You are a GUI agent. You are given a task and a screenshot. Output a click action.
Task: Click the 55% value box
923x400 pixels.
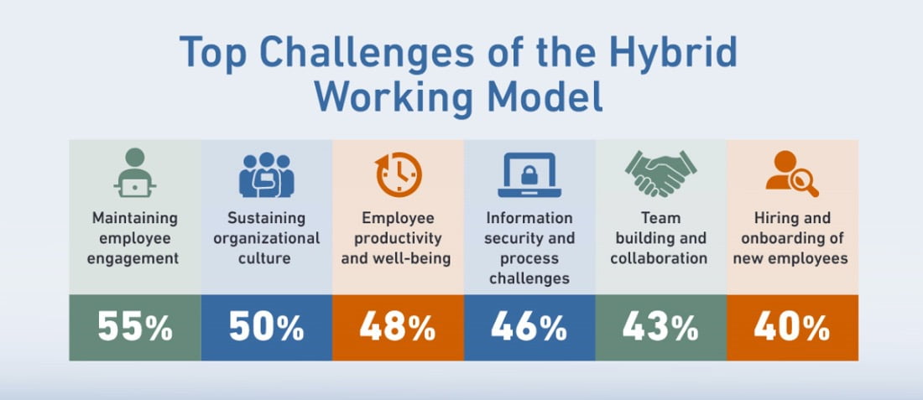tap(135, 328)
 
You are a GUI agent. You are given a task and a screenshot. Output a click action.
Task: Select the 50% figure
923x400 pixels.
tap(267, 328)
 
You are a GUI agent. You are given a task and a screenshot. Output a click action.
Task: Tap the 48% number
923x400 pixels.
tap(398, 328)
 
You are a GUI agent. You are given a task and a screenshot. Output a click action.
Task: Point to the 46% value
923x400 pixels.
tap(529, 328)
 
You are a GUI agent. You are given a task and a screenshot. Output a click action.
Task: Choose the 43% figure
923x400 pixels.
tap(660, 328)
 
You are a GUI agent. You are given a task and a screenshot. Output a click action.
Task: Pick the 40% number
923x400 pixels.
tap(792, 328)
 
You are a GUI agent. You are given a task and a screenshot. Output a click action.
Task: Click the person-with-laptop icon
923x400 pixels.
tap(135, 173)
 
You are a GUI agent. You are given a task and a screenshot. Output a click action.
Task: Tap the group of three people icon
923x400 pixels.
tap(267, 174)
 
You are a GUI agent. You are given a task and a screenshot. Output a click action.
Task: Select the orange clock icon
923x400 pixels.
tap(399, 174)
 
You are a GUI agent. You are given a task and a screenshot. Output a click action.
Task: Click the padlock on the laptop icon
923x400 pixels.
tap(529, 174)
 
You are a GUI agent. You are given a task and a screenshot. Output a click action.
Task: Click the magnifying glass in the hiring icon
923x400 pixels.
tap(805, 184)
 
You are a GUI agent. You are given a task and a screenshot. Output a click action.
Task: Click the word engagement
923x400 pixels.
tap(133, 259)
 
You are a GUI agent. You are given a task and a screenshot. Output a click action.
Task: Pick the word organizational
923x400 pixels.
tap(267, 239)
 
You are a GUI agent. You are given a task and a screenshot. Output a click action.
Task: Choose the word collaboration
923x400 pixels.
tap(659, 258)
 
